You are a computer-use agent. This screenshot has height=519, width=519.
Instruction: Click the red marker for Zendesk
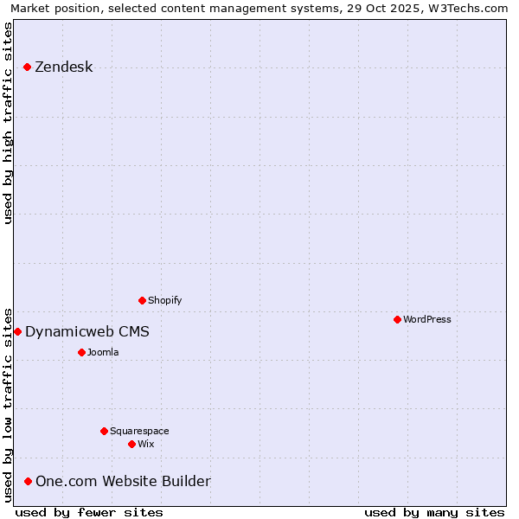pyautogui.click(x=27, y=67)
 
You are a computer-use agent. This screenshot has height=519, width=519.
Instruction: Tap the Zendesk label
pyautogui.click(x=63, y=67)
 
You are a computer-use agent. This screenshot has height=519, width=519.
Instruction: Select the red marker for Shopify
pyautogui.click(x=142, y=301)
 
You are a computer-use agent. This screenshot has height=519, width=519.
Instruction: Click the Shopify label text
pyautogui.click(x=164, y=301)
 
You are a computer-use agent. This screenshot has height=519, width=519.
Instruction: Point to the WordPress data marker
pyautogui.click(x=397, y=319)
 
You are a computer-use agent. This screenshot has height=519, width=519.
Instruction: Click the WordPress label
pyautogui.click(x=426, y=319)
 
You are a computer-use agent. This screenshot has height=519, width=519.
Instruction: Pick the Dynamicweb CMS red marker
pyautogui.click(x=17, y=332)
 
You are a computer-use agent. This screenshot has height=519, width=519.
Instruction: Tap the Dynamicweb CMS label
pyautogui.click(x=86, y=332)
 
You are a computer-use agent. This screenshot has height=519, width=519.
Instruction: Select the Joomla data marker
pyautogui.click(x=81, y=352)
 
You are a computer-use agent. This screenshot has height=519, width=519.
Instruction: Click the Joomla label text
pyautogui.click(x=103, y=352)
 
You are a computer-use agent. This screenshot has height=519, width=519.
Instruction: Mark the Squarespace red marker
pyautogui.click(x=104, y=431)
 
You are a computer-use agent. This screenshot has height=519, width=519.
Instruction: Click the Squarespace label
pyautogui.click(x=139, y=431)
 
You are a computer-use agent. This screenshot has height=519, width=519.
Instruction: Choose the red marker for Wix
pyautogui.click(x=131, y=444)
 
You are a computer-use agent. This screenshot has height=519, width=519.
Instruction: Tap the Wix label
pyautogui.click(x=145, y=444)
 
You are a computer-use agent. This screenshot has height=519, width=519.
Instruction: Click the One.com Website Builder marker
pyautogui.click(x=28, y=482)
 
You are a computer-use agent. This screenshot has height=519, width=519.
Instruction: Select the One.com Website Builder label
pyautogui.click(x=123, y=482)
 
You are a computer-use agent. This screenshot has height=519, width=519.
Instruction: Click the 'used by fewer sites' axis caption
pyautogui.click(x=89, y=512)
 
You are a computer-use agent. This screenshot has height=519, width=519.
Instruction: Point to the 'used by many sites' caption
pyautogui.click(x=434, y=512)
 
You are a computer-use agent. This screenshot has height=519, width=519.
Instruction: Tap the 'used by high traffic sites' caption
pyautogui.click(x=9, y=123)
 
